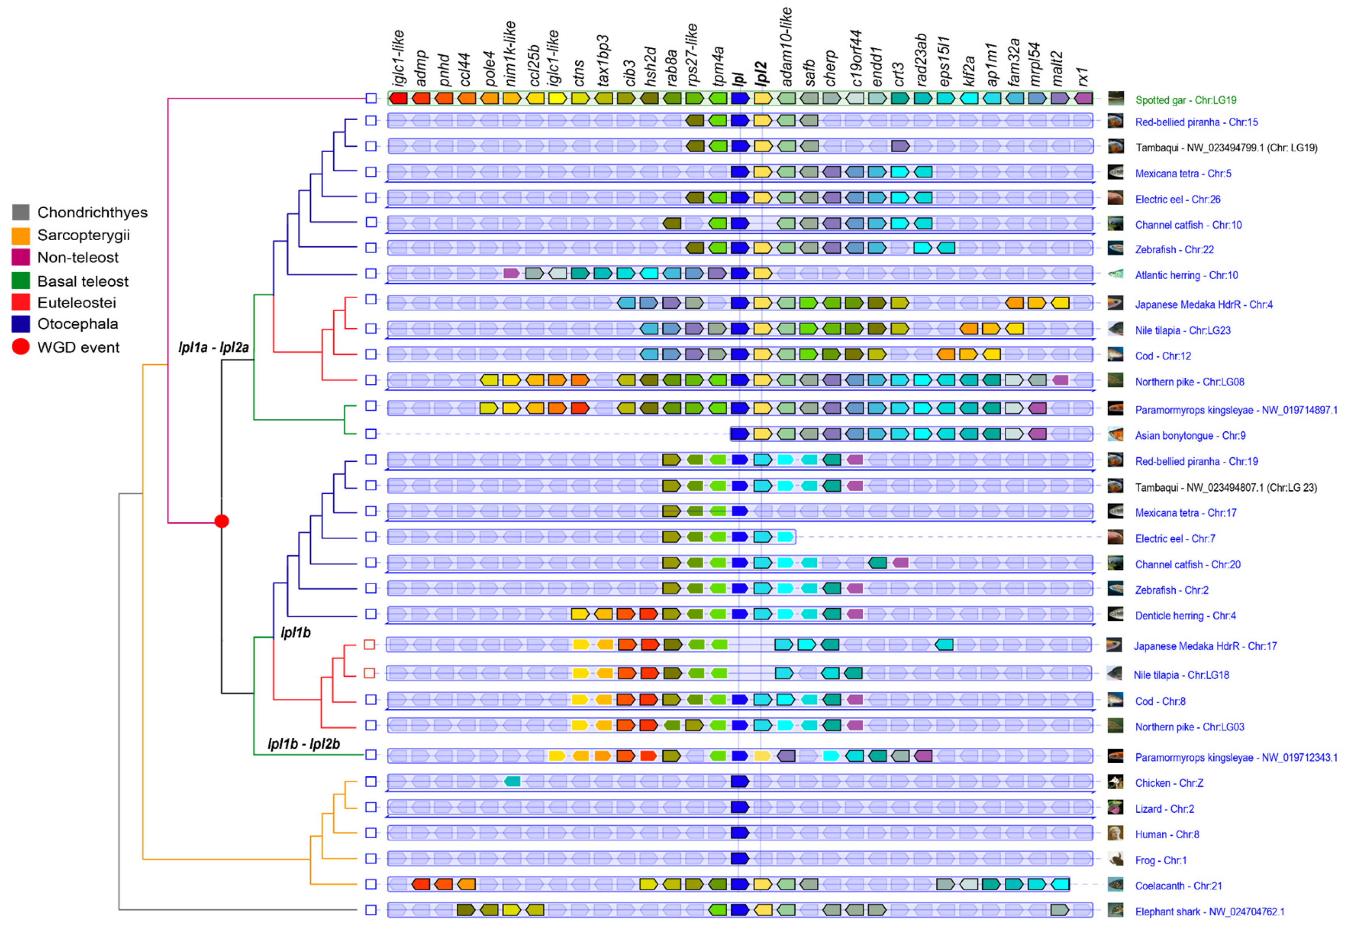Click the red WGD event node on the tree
(x=221, y=521)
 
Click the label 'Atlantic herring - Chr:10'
(x=1186, y=276)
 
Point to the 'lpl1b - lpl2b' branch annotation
(x=303, y=744)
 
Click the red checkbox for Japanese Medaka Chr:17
(x=369, y=645)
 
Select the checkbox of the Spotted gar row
(x=371, y=98)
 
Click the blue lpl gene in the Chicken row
(x=739, y=782)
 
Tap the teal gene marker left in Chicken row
(x=512, y=782)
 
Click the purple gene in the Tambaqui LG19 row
(x=900, y=146)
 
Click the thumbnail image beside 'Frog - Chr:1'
(x=1115, y=860)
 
